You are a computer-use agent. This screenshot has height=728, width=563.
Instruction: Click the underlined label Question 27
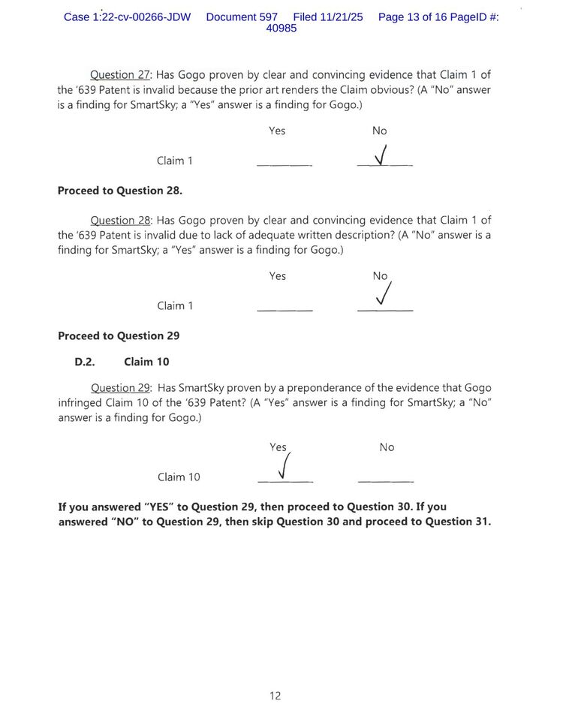click(x=121, y=75)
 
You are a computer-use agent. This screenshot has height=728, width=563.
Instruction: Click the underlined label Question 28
click(x=121, y=221)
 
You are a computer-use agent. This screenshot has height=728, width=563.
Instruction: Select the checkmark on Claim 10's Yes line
click(x=283, y=466)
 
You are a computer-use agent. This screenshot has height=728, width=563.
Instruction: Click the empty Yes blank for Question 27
click(x=285, y=164)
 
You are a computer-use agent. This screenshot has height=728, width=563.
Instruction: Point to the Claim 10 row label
click(x=179, y=477)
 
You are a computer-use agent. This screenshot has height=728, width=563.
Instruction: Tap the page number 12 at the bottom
click(x=275, y=696)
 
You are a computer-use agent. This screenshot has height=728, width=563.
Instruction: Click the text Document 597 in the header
click(x=242, y=17)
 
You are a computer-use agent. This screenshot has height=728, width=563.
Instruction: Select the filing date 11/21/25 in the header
click(x=342, y=17)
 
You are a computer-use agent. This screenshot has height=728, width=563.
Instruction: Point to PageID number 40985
click(x=281, y=29)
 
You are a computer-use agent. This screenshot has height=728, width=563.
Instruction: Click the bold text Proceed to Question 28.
click(x=120, y=191)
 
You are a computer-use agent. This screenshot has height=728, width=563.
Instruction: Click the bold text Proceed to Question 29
click(x=119, y=336)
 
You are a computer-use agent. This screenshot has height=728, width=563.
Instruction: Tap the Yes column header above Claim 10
click(x=278, y=447)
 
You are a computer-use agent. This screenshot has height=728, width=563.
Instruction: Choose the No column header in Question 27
click(x=380, y=131)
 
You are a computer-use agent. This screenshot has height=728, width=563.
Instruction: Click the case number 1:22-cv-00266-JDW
click(x=128, y=17)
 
